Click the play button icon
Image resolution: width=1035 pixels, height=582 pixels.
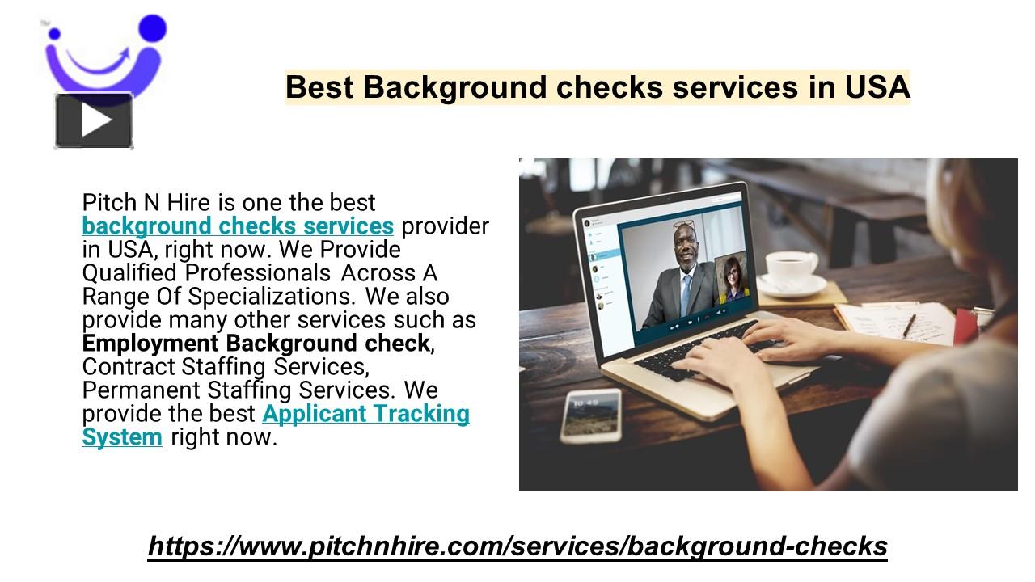coord(94,120)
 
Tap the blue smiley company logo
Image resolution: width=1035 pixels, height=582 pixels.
coord(105,57)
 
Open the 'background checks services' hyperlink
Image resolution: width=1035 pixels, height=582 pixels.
coord(238,226)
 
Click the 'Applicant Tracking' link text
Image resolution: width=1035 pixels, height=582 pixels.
coord(365,414)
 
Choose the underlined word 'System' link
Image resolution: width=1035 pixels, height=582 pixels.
coord(122,437)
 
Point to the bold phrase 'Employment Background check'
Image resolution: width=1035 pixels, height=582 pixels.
coord(256,343)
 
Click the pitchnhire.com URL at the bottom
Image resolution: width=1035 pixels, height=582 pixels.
coord(517,546)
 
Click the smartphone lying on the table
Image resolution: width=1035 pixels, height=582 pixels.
coord(591,415)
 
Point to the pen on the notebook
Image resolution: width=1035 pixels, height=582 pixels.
coord(908,326)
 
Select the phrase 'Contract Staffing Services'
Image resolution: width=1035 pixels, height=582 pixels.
coord(226,366)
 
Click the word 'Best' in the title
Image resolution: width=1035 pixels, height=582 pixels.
coord(319,87)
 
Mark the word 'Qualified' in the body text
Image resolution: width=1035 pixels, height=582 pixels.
coord(131,272)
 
